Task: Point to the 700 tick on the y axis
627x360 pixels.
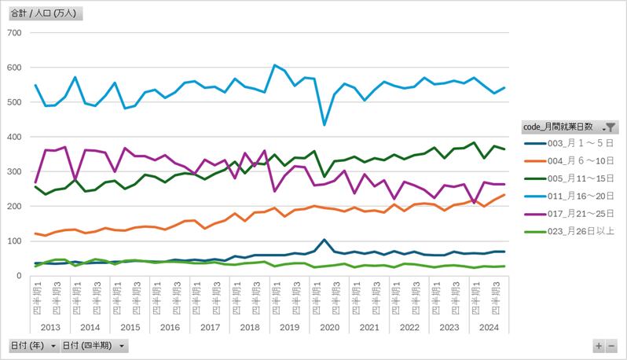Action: coord(13,32)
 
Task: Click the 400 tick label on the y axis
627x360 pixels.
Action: coord(13,137)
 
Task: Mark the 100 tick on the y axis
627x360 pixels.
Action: coord(13,241)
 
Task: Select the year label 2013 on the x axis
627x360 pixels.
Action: coord(50,327)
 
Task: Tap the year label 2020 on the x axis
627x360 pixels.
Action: coord(329,327)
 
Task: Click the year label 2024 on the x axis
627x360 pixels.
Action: coord(489,327)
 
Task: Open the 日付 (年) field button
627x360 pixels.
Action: coord(33,346)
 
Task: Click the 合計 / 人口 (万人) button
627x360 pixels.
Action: coord(44,13)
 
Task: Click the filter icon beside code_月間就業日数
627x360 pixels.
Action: coord(610,127)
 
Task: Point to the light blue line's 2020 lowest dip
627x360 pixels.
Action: coord(324,125)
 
